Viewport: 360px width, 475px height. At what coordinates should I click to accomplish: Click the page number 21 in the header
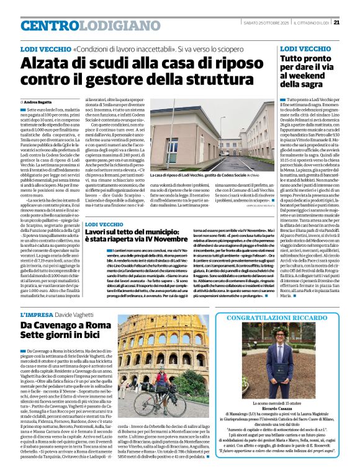353,23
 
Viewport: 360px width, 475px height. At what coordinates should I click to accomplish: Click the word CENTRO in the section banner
50,25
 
